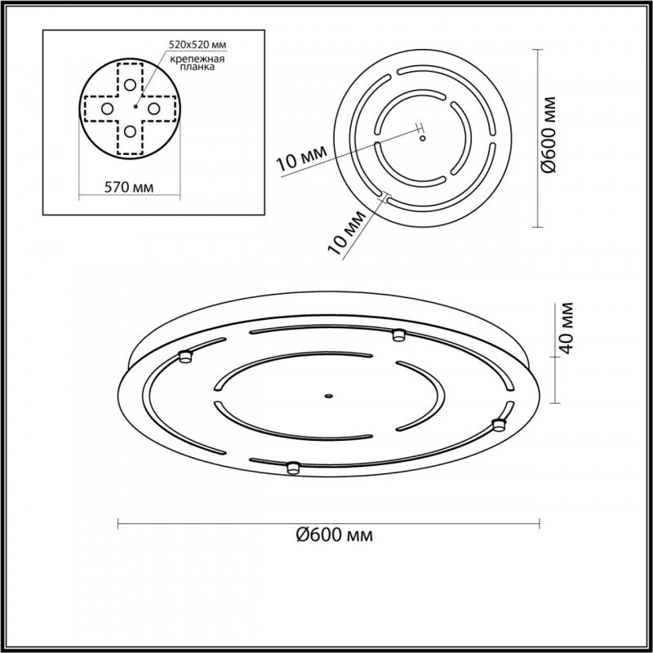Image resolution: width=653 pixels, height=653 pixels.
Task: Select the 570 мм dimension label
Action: [131, 188]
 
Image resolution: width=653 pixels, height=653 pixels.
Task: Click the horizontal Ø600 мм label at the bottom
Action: [330, 535]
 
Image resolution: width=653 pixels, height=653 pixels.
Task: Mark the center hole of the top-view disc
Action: [422, 138]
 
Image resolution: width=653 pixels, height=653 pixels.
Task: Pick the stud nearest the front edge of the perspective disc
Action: [292, 467]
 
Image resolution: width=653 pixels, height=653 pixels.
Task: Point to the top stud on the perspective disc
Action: [398, 334]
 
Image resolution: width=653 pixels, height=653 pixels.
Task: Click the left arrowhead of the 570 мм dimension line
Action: [81, 196]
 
